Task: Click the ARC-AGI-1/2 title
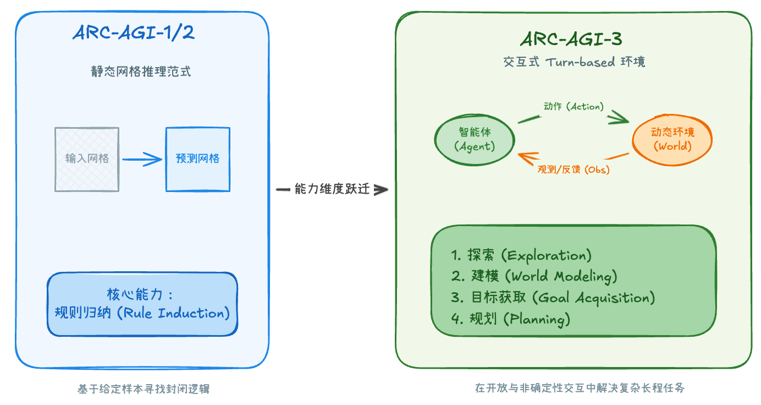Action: click(134, 33)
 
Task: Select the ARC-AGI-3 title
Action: click(571, 40)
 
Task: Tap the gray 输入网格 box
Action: click(87, 159)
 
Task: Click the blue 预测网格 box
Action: click(198, 159)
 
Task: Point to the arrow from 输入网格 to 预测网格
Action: click(142, 160)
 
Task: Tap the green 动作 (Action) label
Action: click(573, 106)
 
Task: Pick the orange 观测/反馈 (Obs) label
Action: click(573, 169)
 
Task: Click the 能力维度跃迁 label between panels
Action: click(332, 190)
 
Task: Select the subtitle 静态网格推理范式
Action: click(141, 72)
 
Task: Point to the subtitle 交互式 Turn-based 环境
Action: click(574, 62)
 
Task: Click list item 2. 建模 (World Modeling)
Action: click(534, 276)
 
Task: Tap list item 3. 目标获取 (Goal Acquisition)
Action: click(553, 298)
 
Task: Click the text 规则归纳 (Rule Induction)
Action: click(142, 313)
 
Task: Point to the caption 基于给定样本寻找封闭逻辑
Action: click(144, 389)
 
